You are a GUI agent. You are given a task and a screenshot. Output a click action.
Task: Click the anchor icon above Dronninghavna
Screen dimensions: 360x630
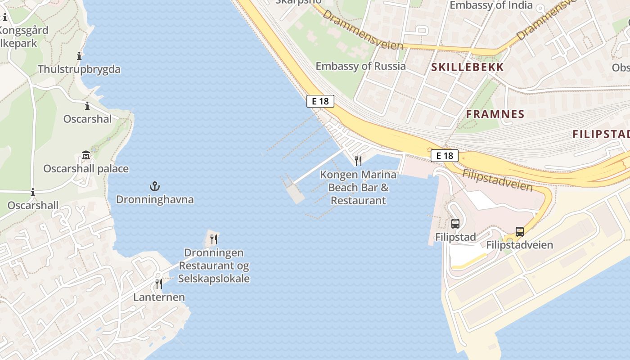[155, 186]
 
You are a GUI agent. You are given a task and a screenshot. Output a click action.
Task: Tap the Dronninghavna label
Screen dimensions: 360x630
[155, 199]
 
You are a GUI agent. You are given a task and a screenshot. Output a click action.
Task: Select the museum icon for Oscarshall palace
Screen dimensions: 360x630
[86, 155]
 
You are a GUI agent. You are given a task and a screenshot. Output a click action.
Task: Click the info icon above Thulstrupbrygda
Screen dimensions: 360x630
[79, 56]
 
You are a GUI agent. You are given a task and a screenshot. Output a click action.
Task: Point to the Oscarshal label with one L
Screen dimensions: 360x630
[87, 119]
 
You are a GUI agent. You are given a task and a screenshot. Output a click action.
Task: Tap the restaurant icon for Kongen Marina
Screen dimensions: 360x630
[358, 161]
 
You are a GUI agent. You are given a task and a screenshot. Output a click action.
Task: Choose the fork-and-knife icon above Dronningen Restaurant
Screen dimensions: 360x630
[214, 239]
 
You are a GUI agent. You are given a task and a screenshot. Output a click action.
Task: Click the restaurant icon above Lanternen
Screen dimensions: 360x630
[158, 283]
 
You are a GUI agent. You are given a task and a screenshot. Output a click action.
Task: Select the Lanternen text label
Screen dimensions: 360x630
[159, 297]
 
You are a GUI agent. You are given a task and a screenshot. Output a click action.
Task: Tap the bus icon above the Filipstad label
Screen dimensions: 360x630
[455, 223]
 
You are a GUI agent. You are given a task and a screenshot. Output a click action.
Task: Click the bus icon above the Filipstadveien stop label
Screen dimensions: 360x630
[520, 232]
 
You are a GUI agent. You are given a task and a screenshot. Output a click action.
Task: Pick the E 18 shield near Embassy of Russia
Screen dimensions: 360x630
[320, 101]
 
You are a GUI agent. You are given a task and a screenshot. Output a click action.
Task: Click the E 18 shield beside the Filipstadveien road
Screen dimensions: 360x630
[444, 156]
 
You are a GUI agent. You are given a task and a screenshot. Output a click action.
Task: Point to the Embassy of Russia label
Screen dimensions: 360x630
[360, 66]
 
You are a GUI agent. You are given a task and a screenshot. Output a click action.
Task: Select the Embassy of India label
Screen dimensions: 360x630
[491, 5]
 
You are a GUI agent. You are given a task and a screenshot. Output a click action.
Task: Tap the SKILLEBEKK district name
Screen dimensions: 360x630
[468, 67]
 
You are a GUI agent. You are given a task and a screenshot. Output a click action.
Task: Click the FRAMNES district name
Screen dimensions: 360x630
[495, 114]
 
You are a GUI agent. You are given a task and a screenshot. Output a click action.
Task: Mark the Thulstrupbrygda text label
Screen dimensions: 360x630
[79, 69]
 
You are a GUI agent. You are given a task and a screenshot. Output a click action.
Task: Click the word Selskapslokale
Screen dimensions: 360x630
[214, 279]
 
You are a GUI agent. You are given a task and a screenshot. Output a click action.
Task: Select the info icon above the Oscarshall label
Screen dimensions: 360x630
[32, 193]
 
